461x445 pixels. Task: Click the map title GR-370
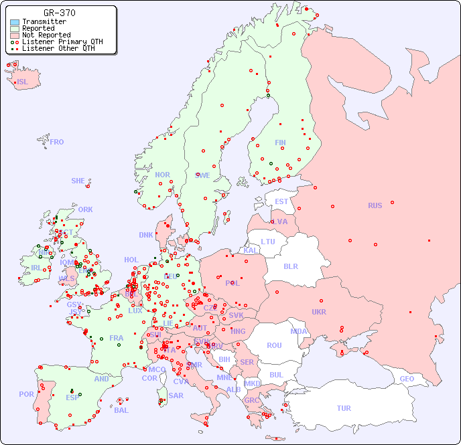coord(59,13)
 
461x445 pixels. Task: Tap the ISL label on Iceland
coord(23,82)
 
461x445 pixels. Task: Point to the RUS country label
coord(375,205)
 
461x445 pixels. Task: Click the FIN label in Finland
coord(280,143)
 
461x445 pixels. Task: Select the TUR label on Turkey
coord(344,408)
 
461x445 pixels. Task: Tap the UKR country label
coord(319,312)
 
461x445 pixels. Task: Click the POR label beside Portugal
coord(26,394)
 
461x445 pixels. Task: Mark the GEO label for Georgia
coord(407,379)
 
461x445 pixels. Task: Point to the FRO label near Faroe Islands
coord(57,142)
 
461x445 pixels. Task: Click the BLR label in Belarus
coord(291,266)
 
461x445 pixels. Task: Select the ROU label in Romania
coord(274,345)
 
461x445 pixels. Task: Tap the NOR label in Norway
coord(162,175)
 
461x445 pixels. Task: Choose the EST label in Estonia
coord(281,201)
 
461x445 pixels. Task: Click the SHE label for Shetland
coord(78,181)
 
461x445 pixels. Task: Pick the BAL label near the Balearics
coord(121,410)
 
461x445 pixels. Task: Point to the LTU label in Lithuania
coord(268,242)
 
